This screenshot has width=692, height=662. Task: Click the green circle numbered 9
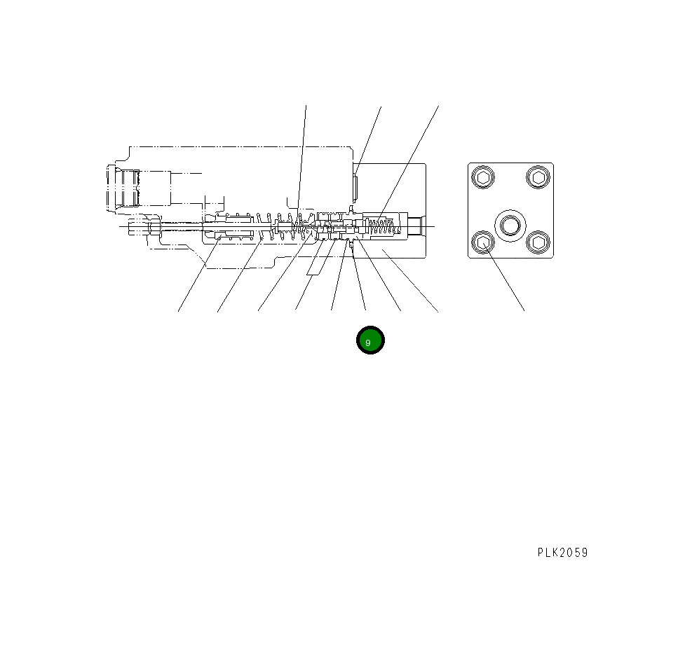pyautogui.click(x=369, y=340)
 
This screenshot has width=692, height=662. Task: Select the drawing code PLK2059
pyautogui.click(x=562, y=553)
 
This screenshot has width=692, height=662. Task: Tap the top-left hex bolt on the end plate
pyautogui.click(x=482, y=178)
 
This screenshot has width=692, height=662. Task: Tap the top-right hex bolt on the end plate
pyautogui.click(x=538, y=177)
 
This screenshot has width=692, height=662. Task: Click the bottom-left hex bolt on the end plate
pyautogui.click(x=482, y=243)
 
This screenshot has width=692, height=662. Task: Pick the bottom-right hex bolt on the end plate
pyautogui.click(x=538, y=243)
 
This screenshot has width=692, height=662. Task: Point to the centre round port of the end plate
pyautogui.click(x=510, y=225)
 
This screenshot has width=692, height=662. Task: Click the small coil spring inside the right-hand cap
pyautogui.click(x=382, y=226)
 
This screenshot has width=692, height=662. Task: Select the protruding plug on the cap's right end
pyautogui.click(x=415, y=226)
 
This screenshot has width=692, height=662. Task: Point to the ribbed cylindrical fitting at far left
pyautogui.click(x=123, y=187)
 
